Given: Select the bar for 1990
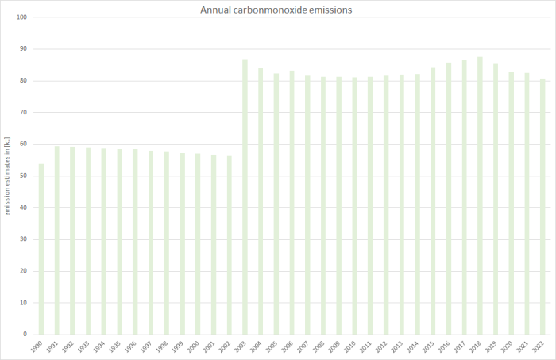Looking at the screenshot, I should pos(41,249).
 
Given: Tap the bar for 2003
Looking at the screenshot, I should pos(245,197).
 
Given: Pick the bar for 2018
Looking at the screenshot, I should pos(480,195).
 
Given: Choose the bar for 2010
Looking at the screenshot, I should pos(354,206).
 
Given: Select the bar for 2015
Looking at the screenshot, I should pos(433,200).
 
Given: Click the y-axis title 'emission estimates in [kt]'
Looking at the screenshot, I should pos(8,176).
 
